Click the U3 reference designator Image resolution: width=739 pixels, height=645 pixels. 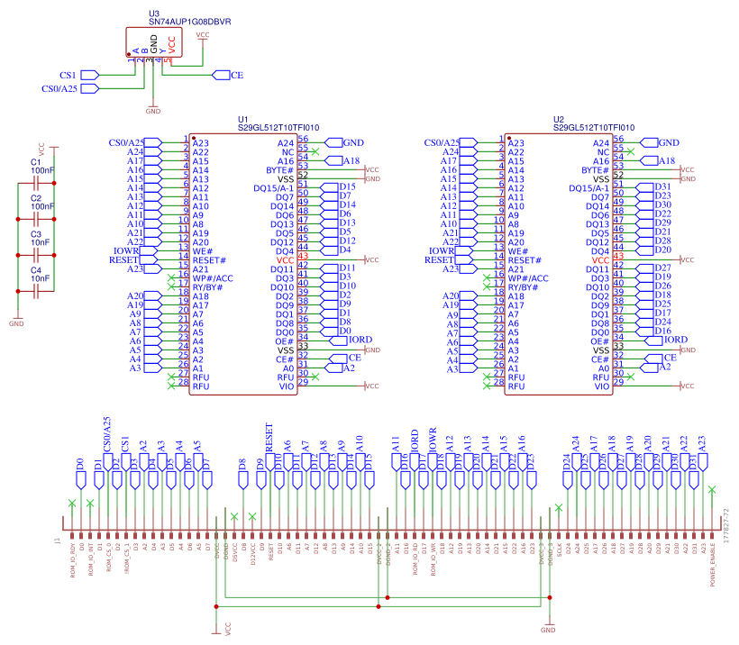click(x=154, y=14)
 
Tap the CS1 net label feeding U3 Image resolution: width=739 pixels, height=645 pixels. click(x=68, y=75)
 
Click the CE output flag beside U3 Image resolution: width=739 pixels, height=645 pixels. click(x=237, y=75)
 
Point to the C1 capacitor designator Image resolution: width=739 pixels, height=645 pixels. click(x=36, y=161)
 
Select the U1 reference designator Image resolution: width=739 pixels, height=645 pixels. click(x=242, y=119)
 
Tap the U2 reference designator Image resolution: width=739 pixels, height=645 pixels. click(x=559, y=119)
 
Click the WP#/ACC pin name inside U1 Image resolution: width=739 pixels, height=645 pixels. click(x=213, y=278)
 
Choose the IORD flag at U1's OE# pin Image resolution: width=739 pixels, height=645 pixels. click(x=360, y=341)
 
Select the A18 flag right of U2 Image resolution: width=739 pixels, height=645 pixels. click(x=666, y=160)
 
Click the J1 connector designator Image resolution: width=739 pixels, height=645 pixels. click(x=58, y=542)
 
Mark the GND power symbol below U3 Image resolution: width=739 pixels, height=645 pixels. click(x=153, y=110)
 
